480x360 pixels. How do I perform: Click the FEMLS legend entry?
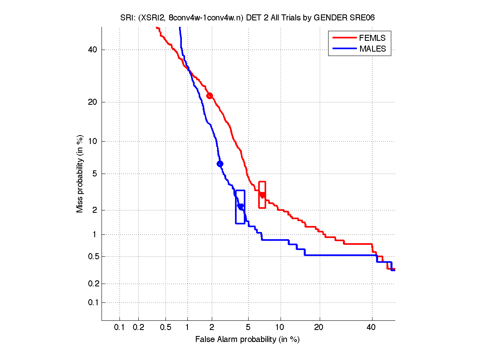pyautogui.click(x=372, y=38)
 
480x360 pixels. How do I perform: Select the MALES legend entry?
pyautogui.click(x=372, y=49)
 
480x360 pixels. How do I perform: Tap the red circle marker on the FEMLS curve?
pyautogui.click(x=209, y=96)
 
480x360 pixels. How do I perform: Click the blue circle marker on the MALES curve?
pyautogui.click(x=220, y=164)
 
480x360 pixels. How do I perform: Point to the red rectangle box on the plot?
pyautogui.click(x=262, y=194)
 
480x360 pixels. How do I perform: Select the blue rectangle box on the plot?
pyautogui.click(x=240, y=207)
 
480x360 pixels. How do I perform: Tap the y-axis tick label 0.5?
pyautogui.click(x=92, y=256)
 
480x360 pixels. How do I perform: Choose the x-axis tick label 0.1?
pyautogui.click(x=120, y=328)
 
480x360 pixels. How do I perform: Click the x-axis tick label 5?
pyautogui.click(x=248, y=328)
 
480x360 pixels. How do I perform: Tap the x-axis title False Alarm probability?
pyautogui.click(x=247, y=340)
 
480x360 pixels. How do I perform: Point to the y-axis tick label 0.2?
pyautogui.click(x=92, y=284)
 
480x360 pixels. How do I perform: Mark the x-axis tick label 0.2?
pyautogui.click(x=139, y=328)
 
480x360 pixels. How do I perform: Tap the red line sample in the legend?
pyautogui.click(x=344, y=38)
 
